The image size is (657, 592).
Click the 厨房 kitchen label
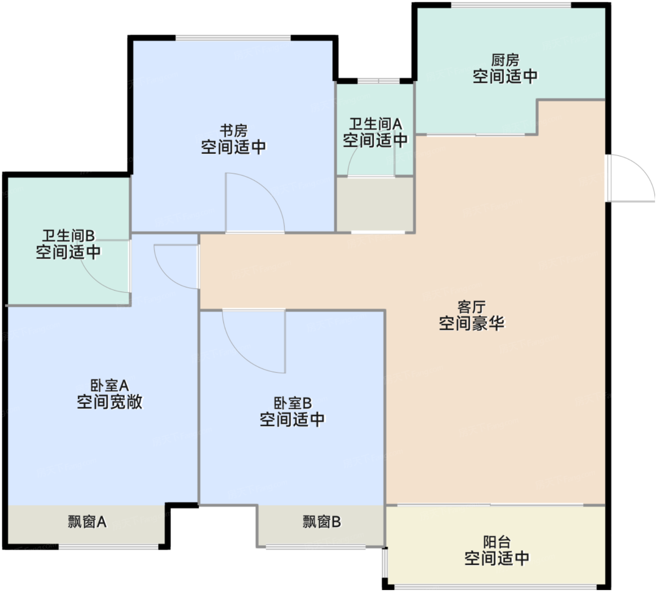click(x=505, y=60)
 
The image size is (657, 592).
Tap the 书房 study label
click(x=233, y=131)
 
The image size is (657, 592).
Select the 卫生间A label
click(x=375, y=124)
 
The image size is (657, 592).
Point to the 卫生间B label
click(x=69, y=236)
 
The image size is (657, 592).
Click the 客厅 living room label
click(x=472, y=307)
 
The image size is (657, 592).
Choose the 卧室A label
click(x=110, y=385)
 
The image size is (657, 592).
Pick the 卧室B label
click(x=292, y=403)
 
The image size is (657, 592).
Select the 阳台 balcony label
click(x=497, y=542)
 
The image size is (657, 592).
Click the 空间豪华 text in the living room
click(x=472, y=323)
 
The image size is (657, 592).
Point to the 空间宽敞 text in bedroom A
click(x=110, y=401)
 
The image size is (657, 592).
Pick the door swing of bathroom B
click(x=98, y=282)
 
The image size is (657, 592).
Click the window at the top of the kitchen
click(x=511, y=5)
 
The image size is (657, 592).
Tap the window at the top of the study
click(x=233, y=38)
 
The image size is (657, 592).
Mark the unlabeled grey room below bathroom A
click(x=375, y=205)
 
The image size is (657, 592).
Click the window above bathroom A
click(x=379, y=81)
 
